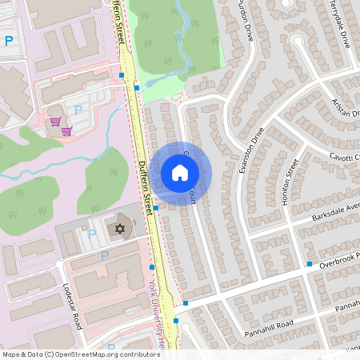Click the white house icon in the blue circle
pyautogui.click(x=179, y=173)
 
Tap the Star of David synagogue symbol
pyautogui.click(x=122, y=230)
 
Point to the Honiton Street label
pyautogui.click(x=290, y=182)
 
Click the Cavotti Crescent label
pyautogui.click(x=340, y=157)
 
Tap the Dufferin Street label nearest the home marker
pyautogui.click(x=144, y=187)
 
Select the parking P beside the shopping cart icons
pyautogui.click(x=78, y=110)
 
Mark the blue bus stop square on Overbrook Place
pyautogui.click(x=309, y=264)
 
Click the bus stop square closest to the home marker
pyautogui.click(x=156, y=208)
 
